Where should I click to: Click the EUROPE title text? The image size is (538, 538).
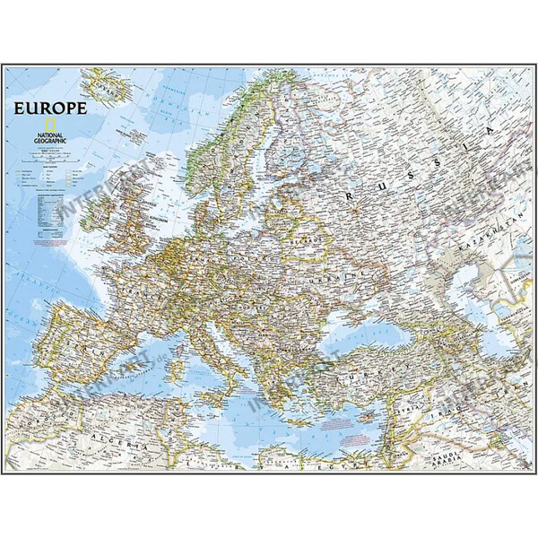click(x=49, y=109)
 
